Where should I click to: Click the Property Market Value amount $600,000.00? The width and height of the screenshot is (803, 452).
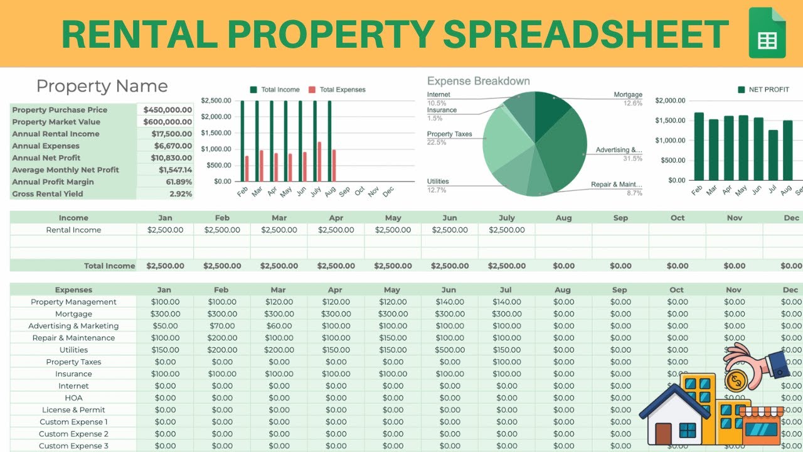pyautogui.click(x=168, y=122)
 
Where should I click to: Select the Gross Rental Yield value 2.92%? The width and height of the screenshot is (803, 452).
pyautogui.click(x=181, y=194)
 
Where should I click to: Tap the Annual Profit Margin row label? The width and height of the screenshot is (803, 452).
pyautogui.click(x=53, y=182)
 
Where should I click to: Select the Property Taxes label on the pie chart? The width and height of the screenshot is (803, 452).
pyautogui.click(x=449, y=134)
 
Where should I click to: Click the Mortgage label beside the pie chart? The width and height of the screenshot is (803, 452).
pyautogui.click(x=627, y=95)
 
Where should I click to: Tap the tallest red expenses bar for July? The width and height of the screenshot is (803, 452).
pyautogui.click(x=319, y=161)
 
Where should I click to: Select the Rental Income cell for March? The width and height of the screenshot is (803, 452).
pyautogui.click(x=279, y=230)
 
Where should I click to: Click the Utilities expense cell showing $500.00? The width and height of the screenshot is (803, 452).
pyautogui.click(x=450, y=350)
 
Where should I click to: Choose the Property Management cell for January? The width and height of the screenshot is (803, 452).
pyautogui.click(x=166, y=302)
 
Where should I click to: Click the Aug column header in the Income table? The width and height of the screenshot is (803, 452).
pyautogui.click(x=563, y=218)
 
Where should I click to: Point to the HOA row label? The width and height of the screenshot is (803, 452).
pyautogui.click(x=73, y=398)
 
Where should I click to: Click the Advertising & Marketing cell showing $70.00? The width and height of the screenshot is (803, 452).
pyautogui.click(x=222, y=326)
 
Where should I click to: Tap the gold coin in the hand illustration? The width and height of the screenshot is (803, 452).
pyautogui.click(x=735, y=380)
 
